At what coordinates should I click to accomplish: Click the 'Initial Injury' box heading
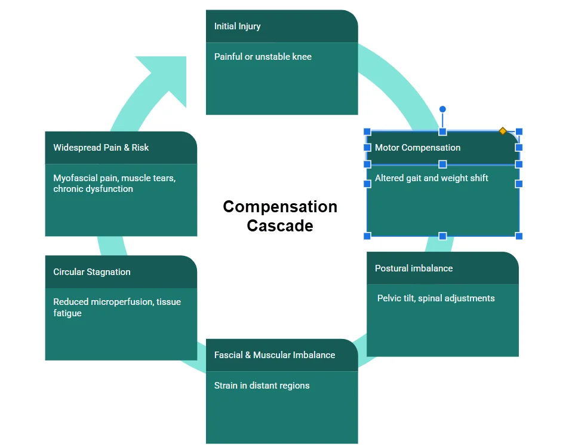pos(238,26)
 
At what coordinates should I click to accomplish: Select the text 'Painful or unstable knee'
pos(263,57)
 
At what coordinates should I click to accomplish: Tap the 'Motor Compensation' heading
pos(417,148)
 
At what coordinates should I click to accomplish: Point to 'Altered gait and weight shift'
pos(431,178)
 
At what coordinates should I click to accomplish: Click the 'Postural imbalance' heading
pos(414,268)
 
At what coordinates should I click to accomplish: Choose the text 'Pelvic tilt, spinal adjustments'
pos(436,298)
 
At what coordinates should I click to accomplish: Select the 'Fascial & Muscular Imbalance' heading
pos(275,355)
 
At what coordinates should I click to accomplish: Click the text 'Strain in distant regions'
pos(262,386)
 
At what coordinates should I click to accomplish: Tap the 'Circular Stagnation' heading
pos(92,272)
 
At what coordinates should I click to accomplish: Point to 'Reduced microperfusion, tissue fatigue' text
pos(117,307)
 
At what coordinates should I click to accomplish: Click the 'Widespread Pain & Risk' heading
pos(101,148)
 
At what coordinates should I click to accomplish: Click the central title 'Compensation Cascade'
pos(280,216)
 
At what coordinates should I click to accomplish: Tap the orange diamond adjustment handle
pos(503,131)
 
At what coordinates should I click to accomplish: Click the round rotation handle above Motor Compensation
pos(442,109)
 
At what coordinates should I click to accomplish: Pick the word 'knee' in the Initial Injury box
pos(302,57)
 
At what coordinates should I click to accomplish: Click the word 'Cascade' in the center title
pos(280,226)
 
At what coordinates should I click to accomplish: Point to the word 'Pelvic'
pos(389,298)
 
